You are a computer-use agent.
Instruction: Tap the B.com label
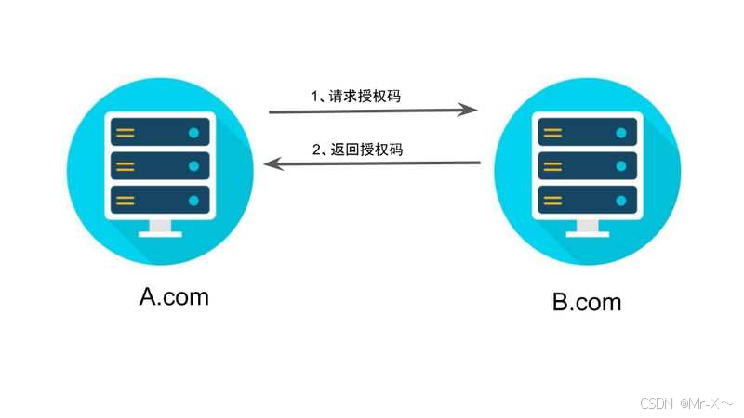pyautogui.click(x=587, y=302)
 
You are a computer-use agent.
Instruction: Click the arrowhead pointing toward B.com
pyautogui.click(x=471, y=110)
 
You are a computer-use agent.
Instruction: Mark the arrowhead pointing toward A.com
pyautogui.click(x=271, y=164)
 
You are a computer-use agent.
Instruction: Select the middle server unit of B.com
pyautogui.click(x=587, y=166)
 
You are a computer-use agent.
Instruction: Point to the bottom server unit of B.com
pyautogui.click(x=587, y=200)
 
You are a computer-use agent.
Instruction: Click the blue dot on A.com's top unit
pyautogui.click(x=193, y=133)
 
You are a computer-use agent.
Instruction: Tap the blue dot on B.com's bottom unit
pyautogui.click(x=620, y=200)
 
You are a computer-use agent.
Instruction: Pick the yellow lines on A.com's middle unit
pyautogui.click(x=126, y=166)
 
